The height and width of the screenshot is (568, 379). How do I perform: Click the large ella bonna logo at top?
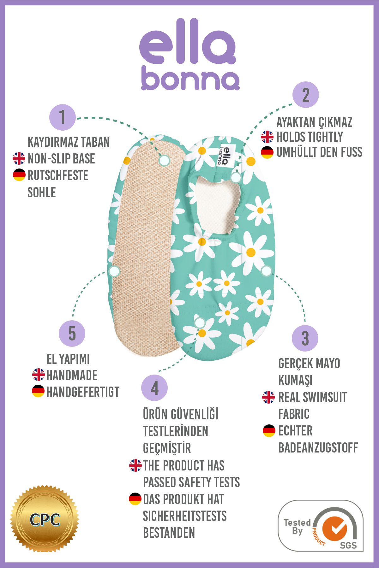189,55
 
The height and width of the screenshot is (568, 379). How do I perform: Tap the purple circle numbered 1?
63,117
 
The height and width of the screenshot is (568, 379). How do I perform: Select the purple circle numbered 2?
306,95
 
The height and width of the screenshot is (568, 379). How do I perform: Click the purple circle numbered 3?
305,338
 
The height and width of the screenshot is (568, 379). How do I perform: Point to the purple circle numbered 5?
72,334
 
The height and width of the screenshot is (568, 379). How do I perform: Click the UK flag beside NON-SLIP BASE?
19,158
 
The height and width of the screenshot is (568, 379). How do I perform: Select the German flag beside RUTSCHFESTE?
19,175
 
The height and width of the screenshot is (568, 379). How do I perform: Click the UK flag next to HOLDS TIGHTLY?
267,137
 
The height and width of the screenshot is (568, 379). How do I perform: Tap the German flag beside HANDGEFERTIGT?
38,391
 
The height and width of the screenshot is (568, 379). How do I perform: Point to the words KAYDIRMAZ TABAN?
69,142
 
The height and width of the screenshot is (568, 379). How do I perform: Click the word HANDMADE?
72,375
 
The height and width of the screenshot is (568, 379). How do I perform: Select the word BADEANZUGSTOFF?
318,447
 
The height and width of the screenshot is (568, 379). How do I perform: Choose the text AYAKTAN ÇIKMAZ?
314,122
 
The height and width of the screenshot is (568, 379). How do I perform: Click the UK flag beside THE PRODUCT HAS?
135,465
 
